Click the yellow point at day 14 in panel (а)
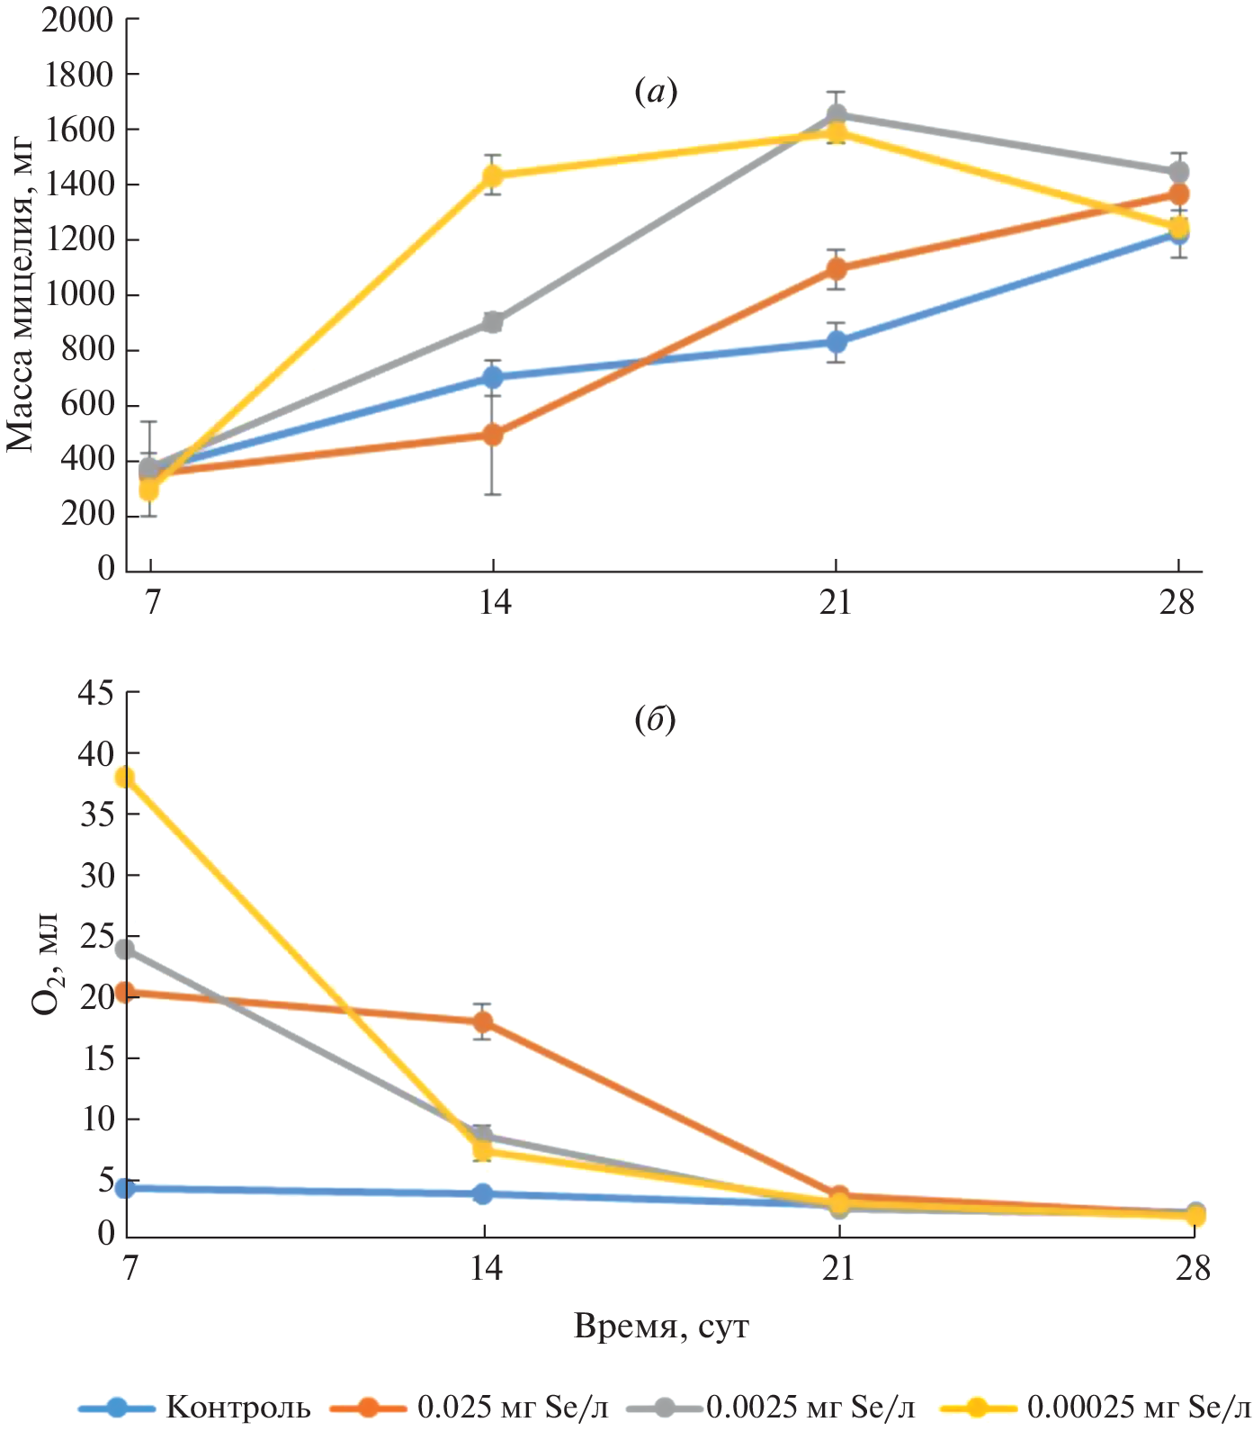[493, 175]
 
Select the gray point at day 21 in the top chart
[837, 115]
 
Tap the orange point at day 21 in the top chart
[837, 269]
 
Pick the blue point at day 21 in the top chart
[837, 342]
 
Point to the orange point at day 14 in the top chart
[493, 435]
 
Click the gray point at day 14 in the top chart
[493, 322]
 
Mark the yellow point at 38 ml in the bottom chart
[126, 778]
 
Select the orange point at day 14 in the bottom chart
[483, 1021]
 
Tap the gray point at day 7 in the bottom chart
[126, 949]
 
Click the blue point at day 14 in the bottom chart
[483, 1193]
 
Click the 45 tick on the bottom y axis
[95, 693]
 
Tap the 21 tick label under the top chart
[837, 602]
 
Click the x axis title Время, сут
[661, 1327]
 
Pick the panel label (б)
[655, 720]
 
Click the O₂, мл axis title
[45, 963]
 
